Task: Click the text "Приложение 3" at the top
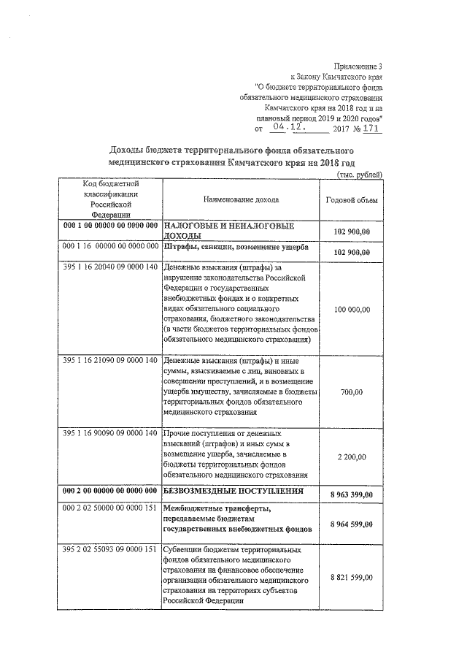pyautogui.click(x=357, y=66)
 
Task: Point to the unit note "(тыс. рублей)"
pyautogui.click(x=360, y=175)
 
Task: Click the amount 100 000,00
pyautogui.click(x=352, y=310)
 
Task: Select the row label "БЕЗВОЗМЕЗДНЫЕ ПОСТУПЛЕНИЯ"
pyautogui.click(x=232, y=490)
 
